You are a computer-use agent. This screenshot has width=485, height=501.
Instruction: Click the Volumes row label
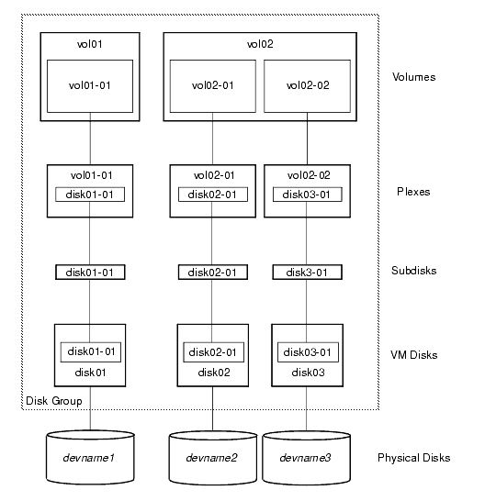tap(412, 77)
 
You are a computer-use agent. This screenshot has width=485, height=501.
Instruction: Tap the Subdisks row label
tap(413, 272)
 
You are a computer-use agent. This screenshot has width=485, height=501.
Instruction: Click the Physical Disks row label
tap(414, 457)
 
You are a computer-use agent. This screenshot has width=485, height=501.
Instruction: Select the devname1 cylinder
tap(90, 457)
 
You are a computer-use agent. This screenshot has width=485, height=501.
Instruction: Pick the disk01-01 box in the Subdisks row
tap(90, 273)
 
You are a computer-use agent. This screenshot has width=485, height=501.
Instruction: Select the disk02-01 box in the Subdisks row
tap(213, 273)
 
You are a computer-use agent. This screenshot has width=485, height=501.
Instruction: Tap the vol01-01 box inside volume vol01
tap(90, 87)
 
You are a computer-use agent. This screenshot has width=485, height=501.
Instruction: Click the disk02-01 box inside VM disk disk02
tap(213, 352)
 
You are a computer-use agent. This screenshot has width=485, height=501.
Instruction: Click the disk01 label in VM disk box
tap(90, 373)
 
